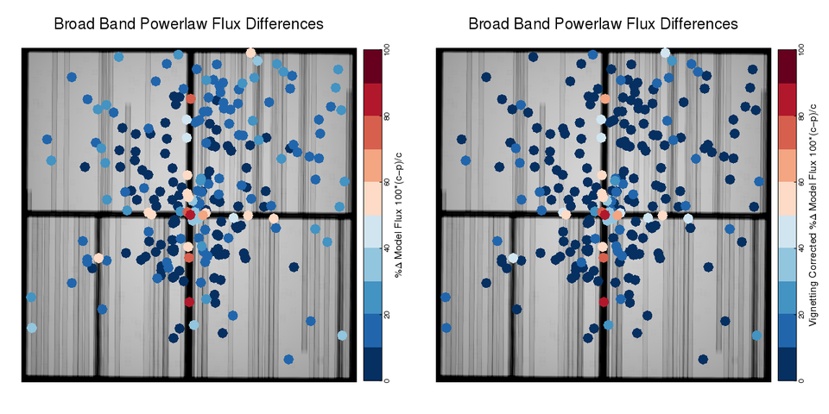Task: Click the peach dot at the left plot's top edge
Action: tap(250, 53)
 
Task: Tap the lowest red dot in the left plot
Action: tap(189, 301)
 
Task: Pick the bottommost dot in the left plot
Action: tap(288, 359)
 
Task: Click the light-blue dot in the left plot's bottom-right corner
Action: tap(342, 336)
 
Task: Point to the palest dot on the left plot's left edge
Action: tap(32, 328)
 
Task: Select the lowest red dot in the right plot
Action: tap(604, 301)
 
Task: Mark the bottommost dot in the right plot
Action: tap(703, 359)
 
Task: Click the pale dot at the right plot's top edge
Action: tap(665, 53)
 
